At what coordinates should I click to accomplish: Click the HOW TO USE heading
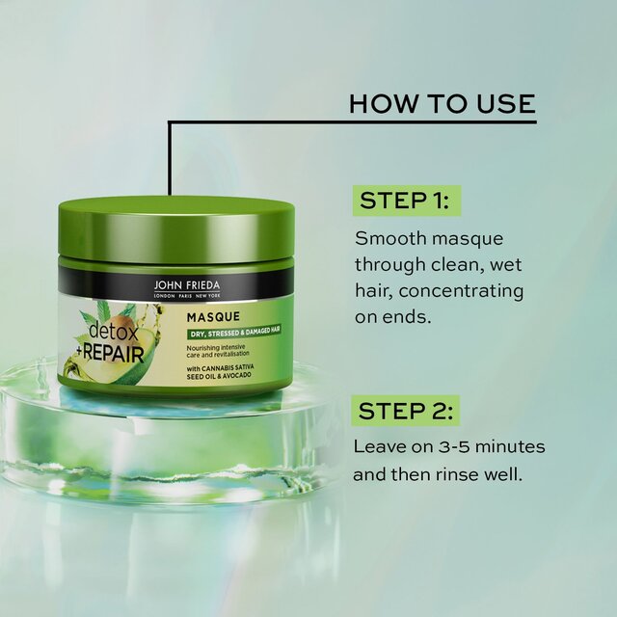(x=442, y=103)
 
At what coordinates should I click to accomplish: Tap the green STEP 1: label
(x=405, y=201)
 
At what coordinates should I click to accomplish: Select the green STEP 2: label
(x=405, y=412)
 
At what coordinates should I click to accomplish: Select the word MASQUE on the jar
(x=215, y=316)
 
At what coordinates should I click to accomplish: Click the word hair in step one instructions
(x=374, y=290)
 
